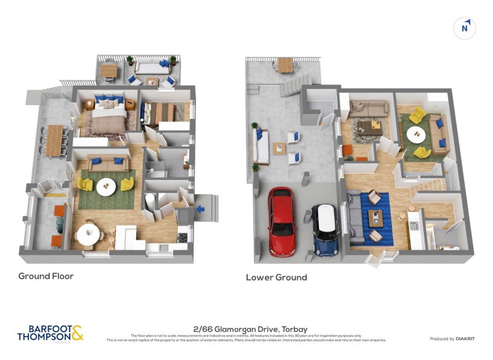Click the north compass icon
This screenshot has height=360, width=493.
tap(465, 28)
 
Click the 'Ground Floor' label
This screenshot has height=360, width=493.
tap(46, 276)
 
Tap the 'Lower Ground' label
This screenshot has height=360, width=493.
tap(276, 277)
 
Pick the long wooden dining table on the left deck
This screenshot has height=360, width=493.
tap(55, 141)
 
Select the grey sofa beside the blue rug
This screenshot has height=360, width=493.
tap(354, 216)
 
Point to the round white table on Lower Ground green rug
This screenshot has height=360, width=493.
tap(420, 133)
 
